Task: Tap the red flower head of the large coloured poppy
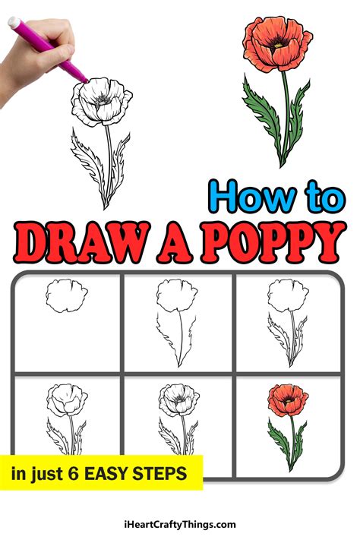pos(276,45)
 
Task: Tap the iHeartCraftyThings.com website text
pos(180,524)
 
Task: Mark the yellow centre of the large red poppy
pos(279,44)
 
